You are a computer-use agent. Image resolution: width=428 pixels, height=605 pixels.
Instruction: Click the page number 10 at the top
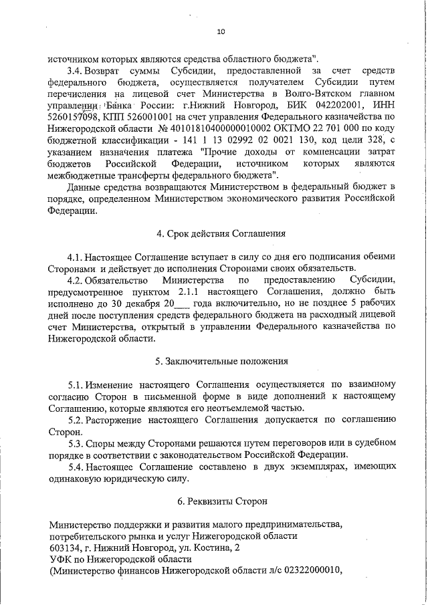[221, 31]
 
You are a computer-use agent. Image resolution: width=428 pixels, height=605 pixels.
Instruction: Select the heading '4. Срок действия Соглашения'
[221, 233]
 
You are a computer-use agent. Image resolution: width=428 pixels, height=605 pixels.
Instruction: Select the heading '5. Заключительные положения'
[221, 362]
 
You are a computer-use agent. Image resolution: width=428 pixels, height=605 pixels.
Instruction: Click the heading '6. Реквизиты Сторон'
[221, 501]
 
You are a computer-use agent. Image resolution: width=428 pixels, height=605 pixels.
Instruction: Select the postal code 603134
[64, 547]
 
